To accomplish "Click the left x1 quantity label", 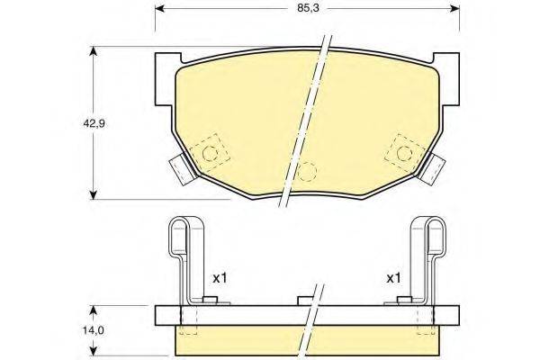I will point(219,279).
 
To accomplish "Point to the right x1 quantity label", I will point(392,279).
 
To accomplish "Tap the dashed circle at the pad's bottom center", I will point(307,171).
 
